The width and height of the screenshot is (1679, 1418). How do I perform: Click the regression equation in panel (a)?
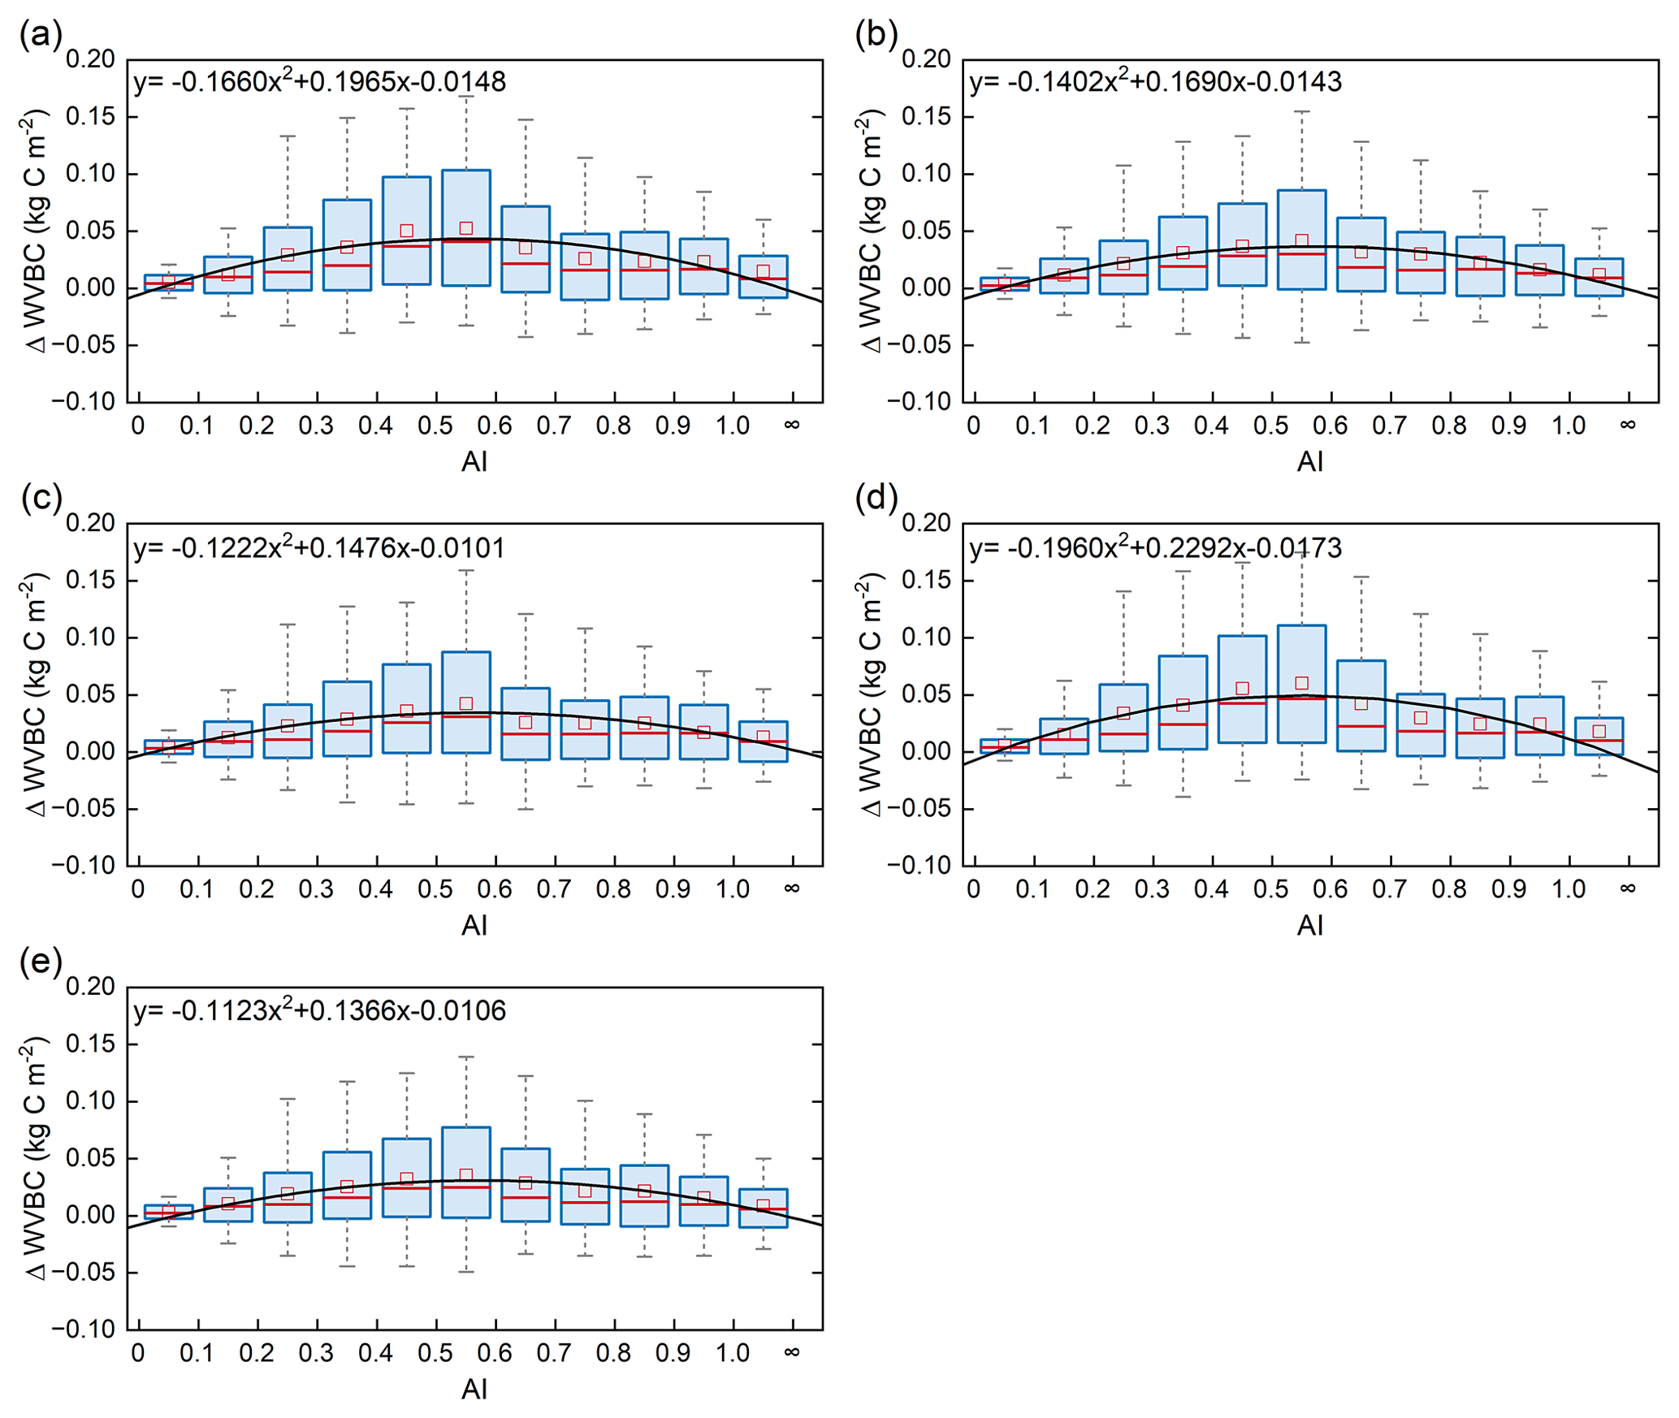(x=319, y=81)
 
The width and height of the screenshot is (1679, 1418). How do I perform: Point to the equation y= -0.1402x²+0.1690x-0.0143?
(x=1155, y=81)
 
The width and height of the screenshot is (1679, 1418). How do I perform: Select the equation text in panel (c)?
(x=319, y=547)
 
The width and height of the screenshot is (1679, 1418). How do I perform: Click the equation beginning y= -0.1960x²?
(x=1155, y=547)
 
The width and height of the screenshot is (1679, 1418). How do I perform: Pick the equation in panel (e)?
(x=319, y=1010)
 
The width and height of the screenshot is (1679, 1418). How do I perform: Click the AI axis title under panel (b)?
(x=1309, y=461)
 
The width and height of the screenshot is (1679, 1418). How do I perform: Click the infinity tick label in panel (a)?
(x=792, y=425)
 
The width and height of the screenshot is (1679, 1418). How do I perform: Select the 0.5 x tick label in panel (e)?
(x=435, y=1353)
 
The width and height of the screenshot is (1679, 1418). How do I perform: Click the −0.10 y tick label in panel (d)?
(x=920, y=866)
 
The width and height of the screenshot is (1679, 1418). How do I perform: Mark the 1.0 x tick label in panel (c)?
(x=733, y=889)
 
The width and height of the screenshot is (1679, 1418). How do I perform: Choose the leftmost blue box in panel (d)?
(x=1005, y=746)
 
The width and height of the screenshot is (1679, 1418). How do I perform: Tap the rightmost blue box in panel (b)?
(x=1599, y=277)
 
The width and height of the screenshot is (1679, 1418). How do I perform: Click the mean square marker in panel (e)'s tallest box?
(x=466, y=1176)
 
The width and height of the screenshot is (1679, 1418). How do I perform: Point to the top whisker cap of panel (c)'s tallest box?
(x=466, y=570)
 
